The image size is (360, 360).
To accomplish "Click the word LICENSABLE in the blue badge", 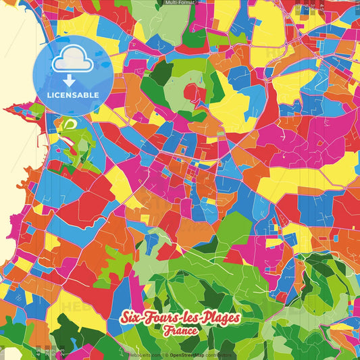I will click(x=72, y=95).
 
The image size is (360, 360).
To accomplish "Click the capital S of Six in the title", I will click(x=125, y=318).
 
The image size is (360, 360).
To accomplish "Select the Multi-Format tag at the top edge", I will click(x=180, y=3).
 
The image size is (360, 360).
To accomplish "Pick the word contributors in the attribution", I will click(x=217, y=355).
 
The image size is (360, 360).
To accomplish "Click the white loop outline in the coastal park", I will click(x=69, y=124).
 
